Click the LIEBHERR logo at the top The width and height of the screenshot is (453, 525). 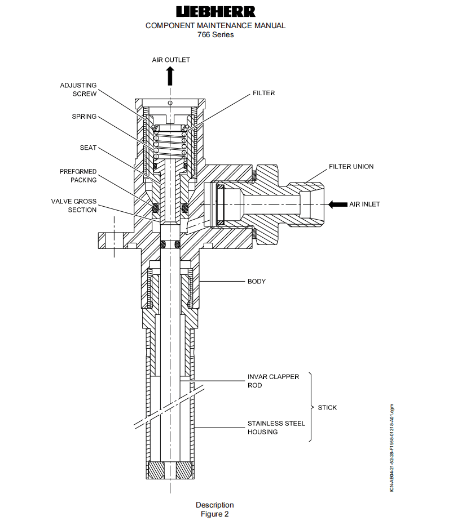coord(215,11)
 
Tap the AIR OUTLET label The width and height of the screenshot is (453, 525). coord(171,60)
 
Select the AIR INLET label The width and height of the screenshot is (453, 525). coord(364,204)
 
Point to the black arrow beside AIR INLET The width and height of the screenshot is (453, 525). coord(337,204)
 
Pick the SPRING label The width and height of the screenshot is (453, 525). coord(84,117)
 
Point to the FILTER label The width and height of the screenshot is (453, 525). coord(264,93)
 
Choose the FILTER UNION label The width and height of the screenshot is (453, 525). coord(351,167)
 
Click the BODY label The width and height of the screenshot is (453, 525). coord(256,281)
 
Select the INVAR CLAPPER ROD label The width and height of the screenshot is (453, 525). coord(273,381)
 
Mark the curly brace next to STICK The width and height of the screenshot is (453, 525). coord(313,407)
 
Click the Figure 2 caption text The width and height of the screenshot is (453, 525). coord(215,514)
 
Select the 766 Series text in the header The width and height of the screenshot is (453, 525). coord(215,34)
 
